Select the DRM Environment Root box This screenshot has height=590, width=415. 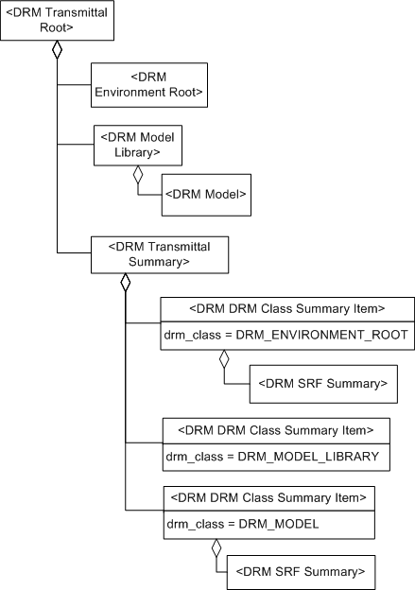pos(148,84)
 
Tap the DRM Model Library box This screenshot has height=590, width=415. pos(136,144)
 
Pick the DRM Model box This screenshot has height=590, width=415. pos(206,193)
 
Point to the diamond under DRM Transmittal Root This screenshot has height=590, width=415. pos(56,50)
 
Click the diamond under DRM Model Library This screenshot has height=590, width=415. pos(138,175)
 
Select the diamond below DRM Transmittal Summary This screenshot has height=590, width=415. pos(125,282)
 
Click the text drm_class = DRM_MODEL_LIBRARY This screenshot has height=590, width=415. pos(272,457)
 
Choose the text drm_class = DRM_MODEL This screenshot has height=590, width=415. pos(243,523)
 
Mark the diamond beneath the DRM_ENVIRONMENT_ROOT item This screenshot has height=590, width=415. pos(224,358)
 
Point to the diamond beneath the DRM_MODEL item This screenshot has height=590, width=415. pos(216,547)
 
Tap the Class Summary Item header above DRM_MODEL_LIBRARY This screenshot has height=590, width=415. pos(275,429)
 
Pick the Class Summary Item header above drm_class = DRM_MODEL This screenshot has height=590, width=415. pos(268,496)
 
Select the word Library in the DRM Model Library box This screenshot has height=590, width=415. pos(136,151)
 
